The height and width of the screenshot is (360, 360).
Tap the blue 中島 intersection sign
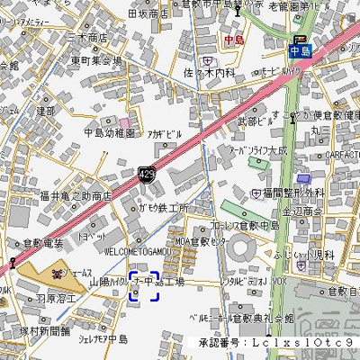[301, 50]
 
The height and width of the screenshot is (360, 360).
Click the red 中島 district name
[234, 40]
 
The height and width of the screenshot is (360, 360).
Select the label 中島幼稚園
[109, 132]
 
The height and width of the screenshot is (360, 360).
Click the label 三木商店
[87, 39]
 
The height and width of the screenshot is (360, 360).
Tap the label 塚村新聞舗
[44, 330]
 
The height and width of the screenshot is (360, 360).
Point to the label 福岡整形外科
[293, 193]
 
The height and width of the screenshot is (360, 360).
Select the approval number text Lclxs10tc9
[301, 343]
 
